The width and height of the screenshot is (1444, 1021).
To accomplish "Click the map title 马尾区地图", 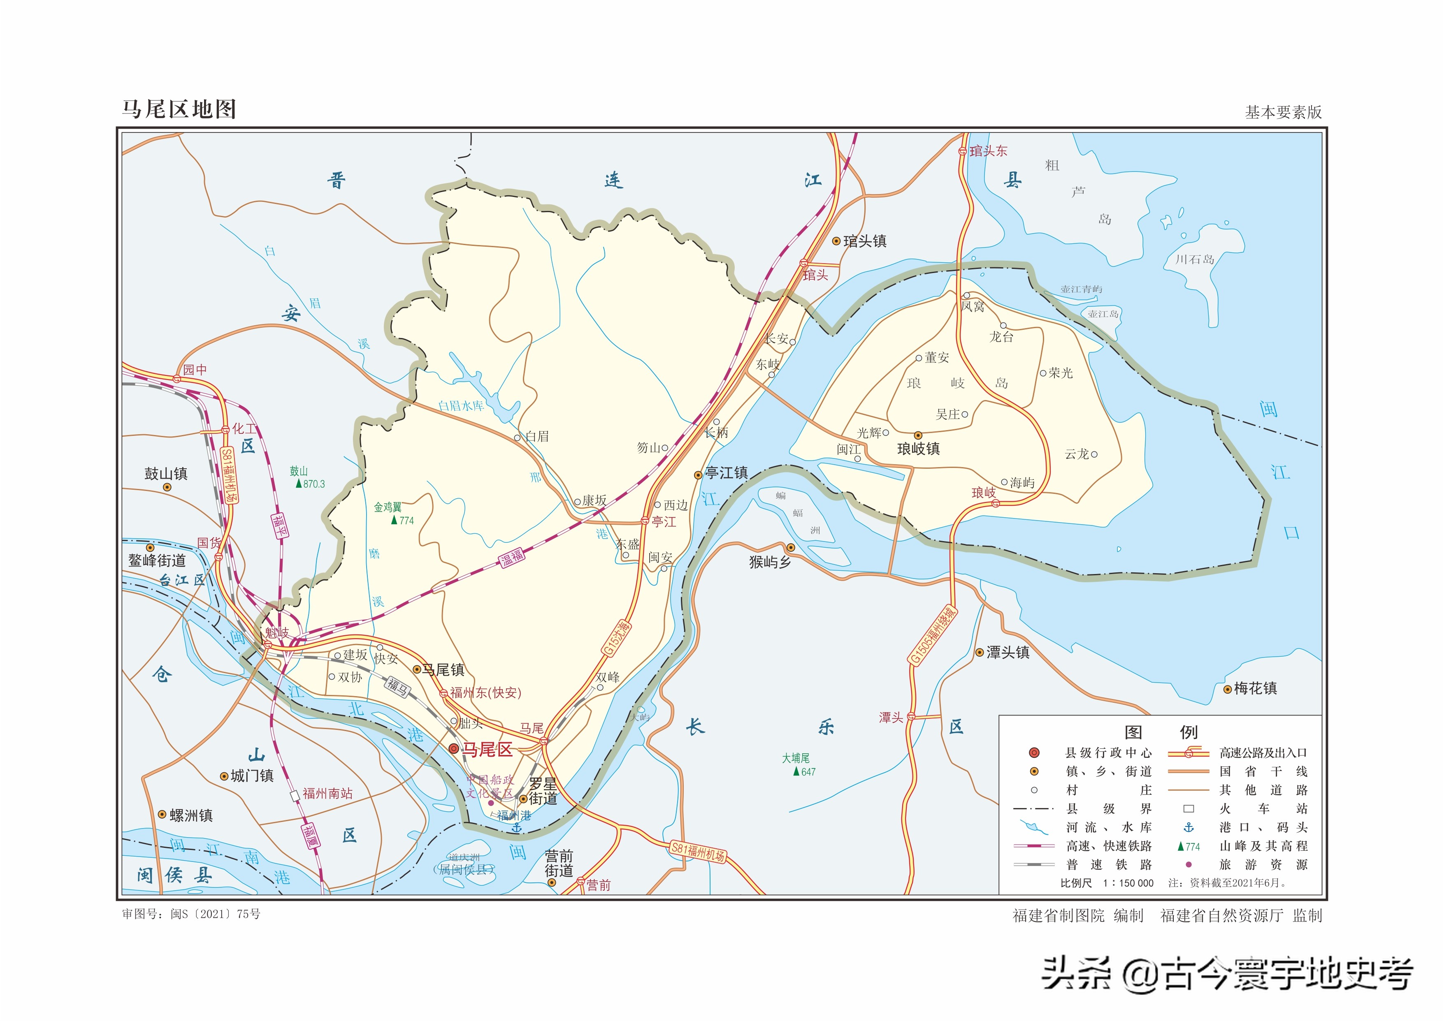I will (x=179, y=109).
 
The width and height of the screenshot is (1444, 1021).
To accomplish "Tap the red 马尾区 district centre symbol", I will (x=453, y=748).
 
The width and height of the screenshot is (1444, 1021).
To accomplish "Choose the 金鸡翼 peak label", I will (x=388, y=507).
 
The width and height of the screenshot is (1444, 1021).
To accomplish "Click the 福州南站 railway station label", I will (x=327, y=794).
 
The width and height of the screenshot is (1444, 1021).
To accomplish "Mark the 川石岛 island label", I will (x=1194, y=259).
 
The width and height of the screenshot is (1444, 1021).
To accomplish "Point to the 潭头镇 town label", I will (x=1008, y=653).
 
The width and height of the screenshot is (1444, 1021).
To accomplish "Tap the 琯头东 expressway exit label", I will (x=988, y=151).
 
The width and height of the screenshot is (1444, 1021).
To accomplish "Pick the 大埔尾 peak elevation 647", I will (x=808, y=772).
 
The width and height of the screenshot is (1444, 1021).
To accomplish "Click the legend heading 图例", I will (x=1161, y=732).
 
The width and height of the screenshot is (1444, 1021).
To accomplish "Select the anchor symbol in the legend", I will (x=1189, y=827).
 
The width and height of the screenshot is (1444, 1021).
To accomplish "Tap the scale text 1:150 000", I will (x=1128, y=883).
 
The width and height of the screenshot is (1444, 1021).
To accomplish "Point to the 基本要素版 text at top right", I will (x=1283, y=112).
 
